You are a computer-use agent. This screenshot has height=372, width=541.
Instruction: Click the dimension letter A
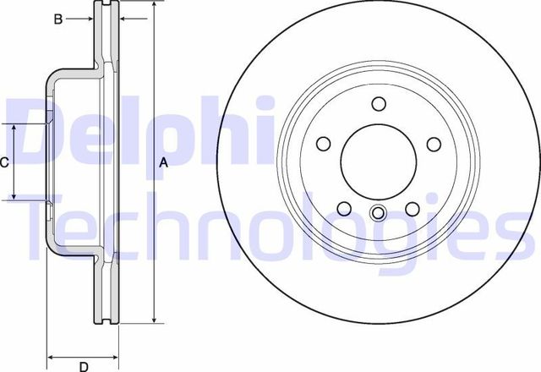tap(165, 163)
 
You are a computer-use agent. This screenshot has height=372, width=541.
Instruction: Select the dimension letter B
tap(58, 18)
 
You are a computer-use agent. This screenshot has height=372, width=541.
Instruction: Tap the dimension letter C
tap(5, 162)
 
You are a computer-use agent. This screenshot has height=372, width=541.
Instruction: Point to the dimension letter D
tap(84, 366)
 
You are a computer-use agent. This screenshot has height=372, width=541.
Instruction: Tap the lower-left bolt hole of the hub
tap(344, 209)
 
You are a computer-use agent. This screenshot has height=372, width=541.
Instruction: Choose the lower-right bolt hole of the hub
tap(413, 209)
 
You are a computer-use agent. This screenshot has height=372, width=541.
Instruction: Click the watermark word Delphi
tap(139, 131)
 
